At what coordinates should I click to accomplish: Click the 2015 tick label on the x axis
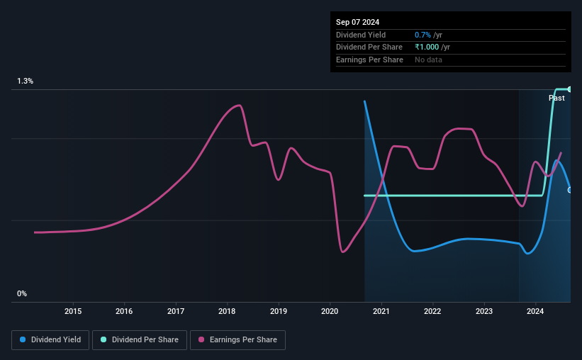73,311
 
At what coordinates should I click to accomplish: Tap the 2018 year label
227,311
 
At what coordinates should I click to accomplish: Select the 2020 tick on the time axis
330,311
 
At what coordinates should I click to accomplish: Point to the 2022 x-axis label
432,311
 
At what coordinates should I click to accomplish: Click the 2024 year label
535,311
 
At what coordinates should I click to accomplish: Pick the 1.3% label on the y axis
26,81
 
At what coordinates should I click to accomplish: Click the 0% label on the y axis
22,293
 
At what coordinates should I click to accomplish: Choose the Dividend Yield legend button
50,340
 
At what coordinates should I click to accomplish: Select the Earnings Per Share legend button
238,340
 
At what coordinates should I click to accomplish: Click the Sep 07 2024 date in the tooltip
357,22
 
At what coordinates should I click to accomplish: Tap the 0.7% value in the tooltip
422,35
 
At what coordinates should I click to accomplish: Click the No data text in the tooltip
429,60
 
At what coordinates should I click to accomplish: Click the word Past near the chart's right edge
556,98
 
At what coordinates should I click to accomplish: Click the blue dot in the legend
23,340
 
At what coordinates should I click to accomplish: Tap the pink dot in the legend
201,340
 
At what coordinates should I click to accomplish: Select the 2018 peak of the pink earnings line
240,106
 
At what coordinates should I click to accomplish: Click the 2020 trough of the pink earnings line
342,252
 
